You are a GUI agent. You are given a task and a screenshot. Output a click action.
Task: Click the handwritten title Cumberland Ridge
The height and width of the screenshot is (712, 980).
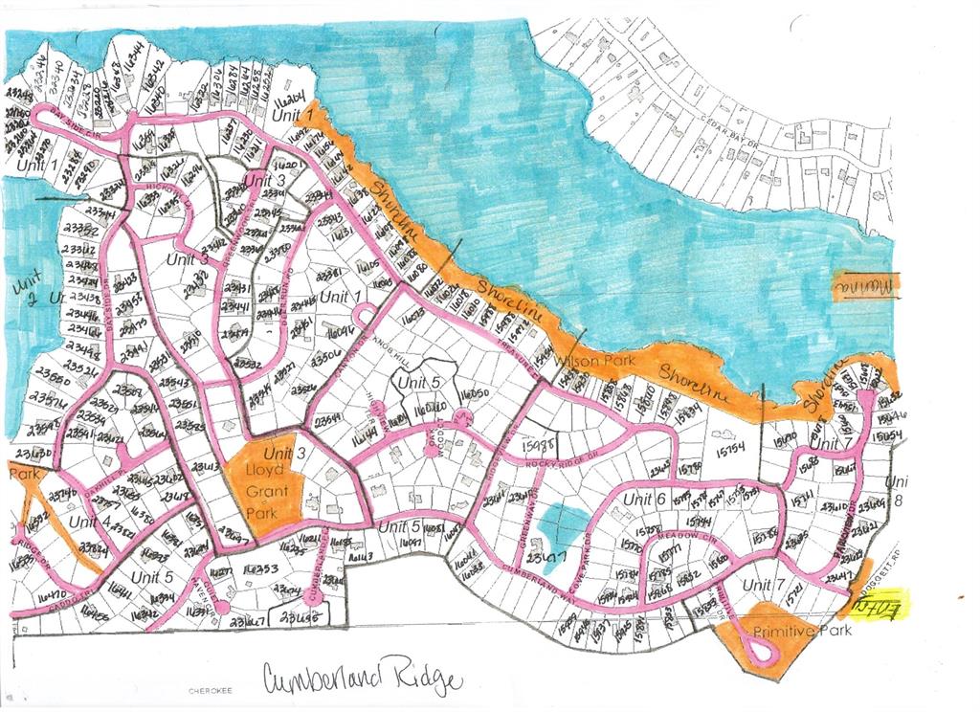pyautogui.click(x=362, y=678)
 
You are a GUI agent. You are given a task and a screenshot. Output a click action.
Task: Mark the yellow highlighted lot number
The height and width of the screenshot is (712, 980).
pyautogui.click(x=881, y=604)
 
